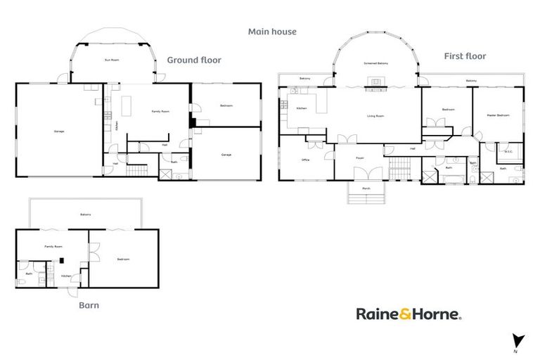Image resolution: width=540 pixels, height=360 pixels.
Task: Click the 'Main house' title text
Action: tap(272, 32)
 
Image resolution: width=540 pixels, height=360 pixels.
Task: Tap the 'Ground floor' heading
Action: tap(193, 60)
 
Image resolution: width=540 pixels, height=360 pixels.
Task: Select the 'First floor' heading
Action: tap(465, 56)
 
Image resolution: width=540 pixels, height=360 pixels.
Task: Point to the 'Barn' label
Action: tap(89, 305)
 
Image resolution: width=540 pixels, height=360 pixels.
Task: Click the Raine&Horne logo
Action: tap(408, 314)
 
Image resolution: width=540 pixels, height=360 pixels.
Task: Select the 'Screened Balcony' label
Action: tap(376, 64)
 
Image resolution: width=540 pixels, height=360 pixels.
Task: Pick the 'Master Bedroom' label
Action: tap(498, 115)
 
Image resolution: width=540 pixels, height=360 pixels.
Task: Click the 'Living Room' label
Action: tap(375, 116)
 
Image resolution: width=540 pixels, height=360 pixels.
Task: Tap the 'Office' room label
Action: tap(305, 160)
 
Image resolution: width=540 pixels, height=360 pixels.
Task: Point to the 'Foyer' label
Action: tap(359, 158)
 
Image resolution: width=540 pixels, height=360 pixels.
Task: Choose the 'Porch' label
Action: tap(366, 189)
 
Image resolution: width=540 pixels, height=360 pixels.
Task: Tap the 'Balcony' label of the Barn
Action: tap(85, 214)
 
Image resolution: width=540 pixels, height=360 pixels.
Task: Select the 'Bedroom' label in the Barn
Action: tap(123, 259)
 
